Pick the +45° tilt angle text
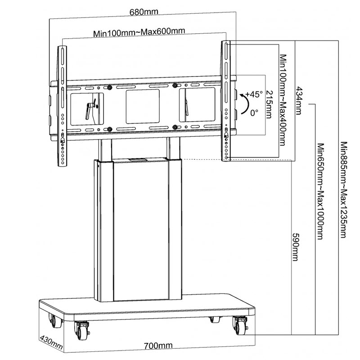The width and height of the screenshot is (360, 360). tap(254, 94)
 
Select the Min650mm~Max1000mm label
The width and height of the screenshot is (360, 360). tap(320, 191)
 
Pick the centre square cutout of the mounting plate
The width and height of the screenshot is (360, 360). tap(143, 106)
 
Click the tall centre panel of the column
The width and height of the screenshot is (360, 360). tap(140, 229)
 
